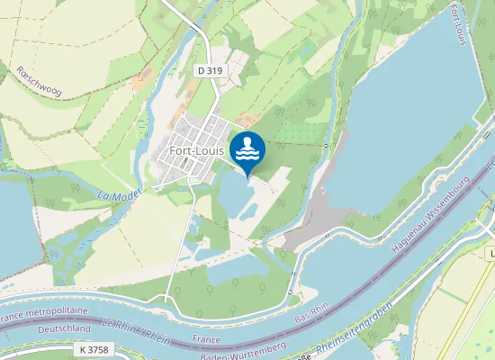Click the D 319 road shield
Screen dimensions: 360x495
pos(209,69)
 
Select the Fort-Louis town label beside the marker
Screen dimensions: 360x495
pos(196,150)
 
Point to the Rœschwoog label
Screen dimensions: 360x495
pos(38,81)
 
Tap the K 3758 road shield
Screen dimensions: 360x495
pos(93,347)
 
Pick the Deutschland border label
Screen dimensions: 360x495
pos(40,330)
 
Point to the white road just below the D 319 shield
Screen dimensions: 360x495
pos(214,90)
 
